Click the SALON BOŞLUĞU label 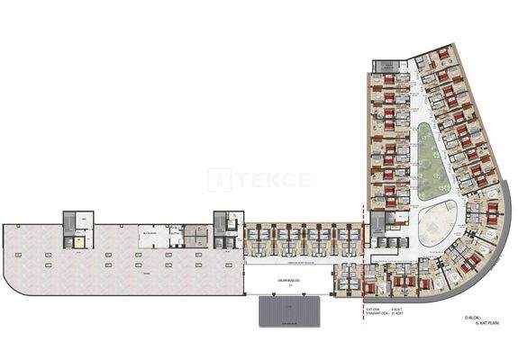[290, 280]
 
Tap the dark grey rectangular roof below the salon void [290, 310]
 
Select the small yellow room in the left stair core [79, 242]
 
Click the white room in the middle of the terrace [146, 238]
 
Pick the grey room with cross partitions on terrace [195, 237]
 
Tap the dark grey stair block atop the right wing [385, 67]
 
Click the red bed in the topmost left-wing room [388, 80]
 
